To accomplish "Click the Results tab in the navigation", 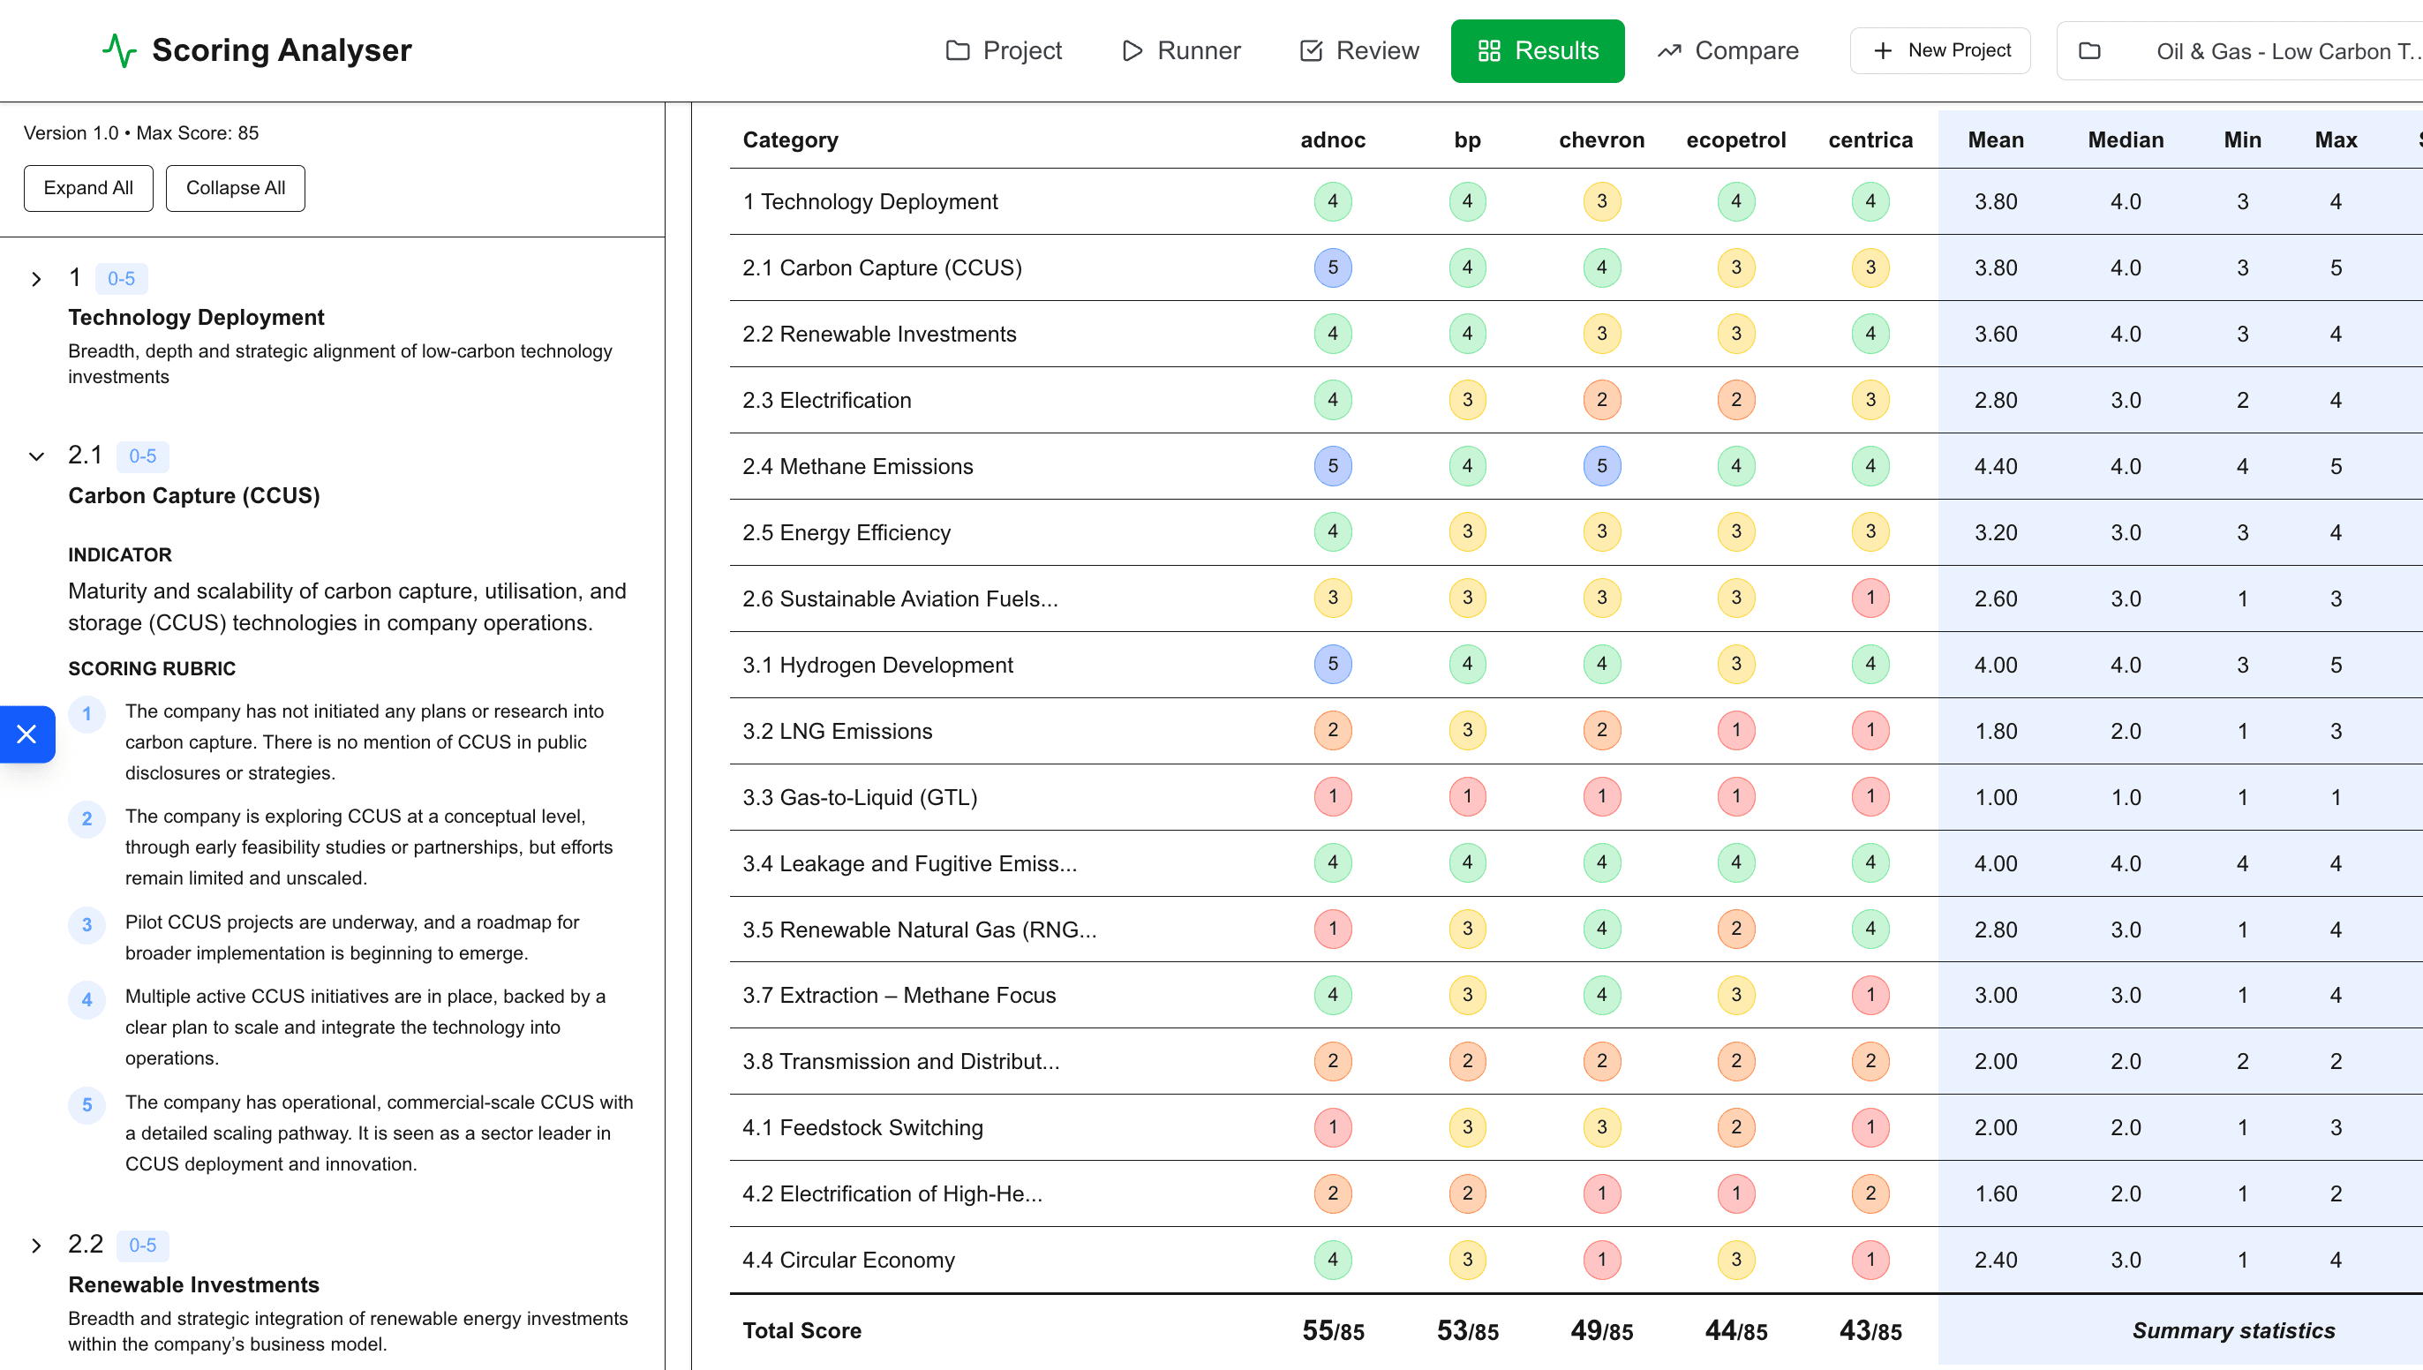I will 1537,51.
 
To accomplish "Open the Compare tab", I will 1728,51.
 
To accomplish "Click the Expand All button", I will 88,188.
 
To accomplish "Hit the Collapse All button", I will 235,188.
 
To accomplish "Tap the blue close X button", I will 26,734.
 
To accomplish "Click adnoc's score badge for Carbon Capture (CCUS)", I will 1332,267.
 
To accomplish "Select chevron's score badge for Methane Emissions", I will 1601,466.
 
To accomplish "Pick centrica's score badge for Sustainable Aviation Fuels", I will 1870,598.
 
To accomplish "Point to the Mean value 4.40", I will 1995,466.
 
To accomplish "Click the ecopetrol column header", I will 1735,140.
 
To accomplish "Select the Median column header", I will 2125,140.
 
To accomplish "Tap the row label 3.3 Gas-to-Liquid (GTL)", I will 860,797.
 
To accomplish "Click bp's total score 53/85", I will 1466,1330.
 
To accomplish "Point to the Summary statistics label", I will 2233,1330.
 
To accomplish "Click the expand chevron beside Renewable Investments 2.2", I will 35,1246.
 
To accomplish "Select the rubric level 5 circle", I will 87,1104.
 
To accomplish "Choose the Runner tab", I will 1181,51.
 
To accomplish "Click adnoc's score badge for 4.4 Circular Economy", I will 1332,1260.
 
